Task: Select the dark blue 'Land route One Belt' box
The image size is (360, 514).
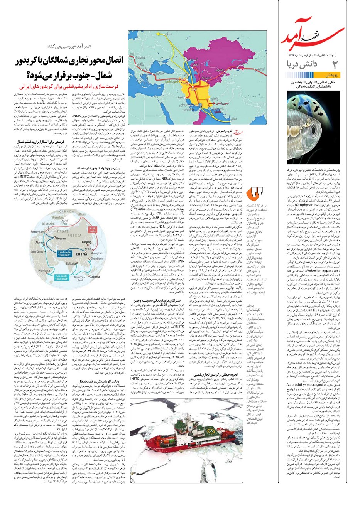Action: point(64,254)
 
